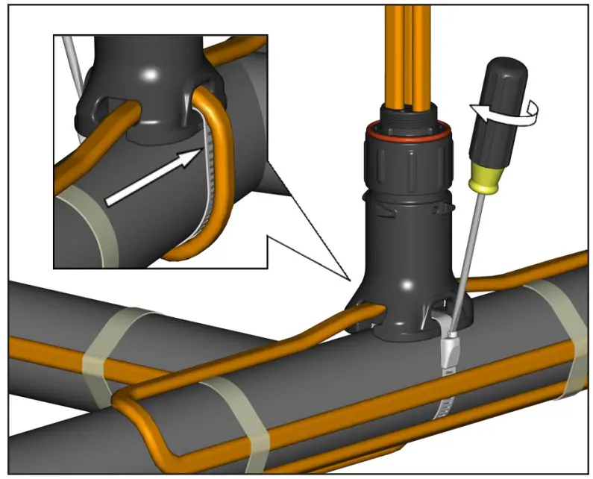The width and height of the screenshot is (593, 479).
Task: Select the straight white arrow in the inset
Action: [153, 175]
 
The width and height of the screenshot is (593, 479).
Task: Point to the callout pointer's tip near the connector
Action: [350, 280]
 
